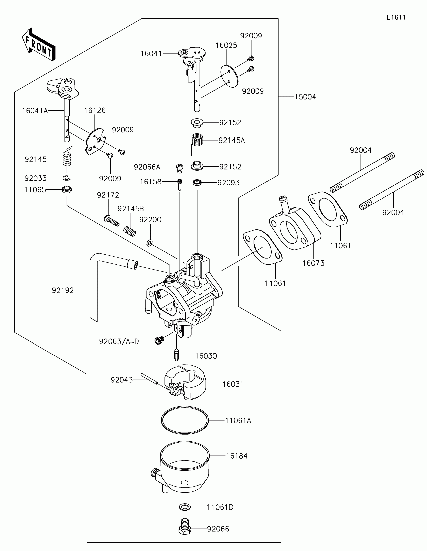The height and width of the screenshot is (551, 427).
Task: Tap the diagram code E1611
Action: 396,17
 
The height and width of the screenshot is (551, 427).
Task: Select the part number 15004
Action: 305,97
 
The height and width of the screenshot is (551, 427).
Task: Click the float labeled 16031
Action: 185,382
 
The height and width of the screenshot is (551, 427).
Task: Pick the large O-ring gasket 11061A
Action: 185,420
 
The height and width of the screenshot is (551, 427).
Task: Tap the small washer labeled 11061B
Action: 185,507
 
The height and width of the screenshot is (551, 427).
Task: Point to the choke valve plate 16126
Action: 95,141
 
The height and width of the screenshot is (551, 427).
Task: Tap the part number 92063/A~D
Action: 119,341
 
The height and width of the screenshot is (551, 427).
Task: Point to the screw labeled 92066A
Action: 180,168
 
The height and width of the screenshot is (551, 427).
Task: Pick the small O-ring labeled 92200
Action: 150,243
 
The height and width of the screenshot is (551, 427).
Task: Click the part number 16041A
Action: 35,111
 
